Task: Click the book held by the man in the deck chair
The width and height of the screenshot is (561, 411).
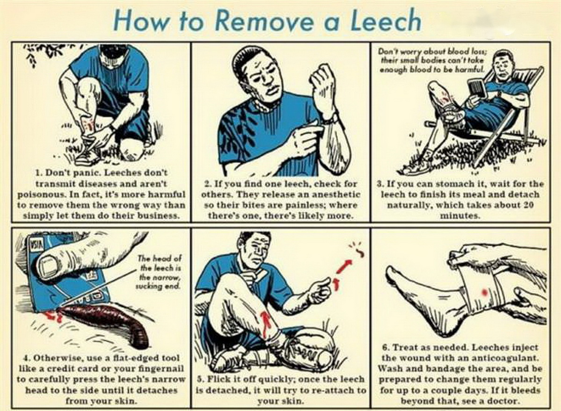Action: click(x=477, y=89)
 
